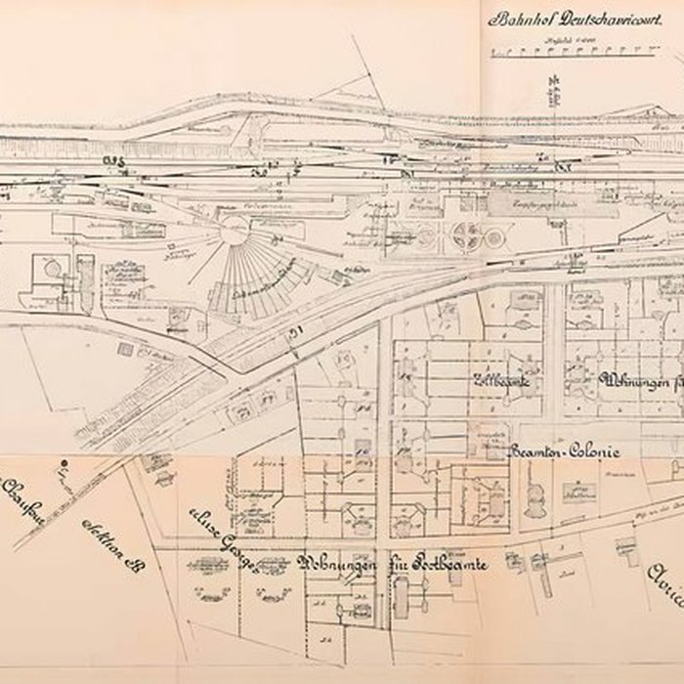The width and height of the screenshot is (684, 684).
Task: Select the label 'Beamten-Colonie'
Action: tap(566, 450)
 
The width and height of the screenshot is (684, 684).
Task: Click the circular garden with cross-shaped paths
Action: tap(468, 235)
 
